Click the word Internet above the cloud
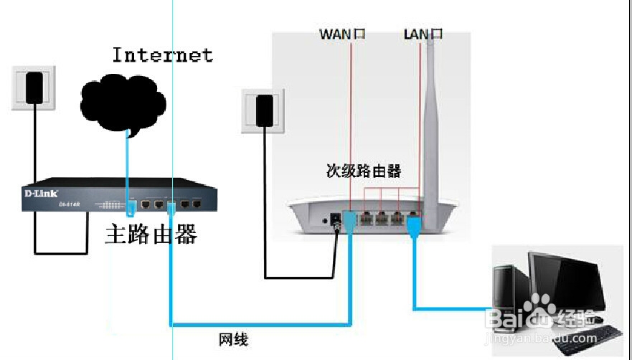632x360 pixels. [162, 55]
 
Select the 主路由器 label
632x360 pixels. [151, 234]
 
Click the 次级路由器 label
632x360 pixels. [363, 172]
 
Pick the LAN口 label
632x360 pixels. [423, 34]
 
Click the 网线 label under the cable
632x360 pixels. [233, 339]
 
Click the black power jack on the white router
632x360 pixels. [335, 222]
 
